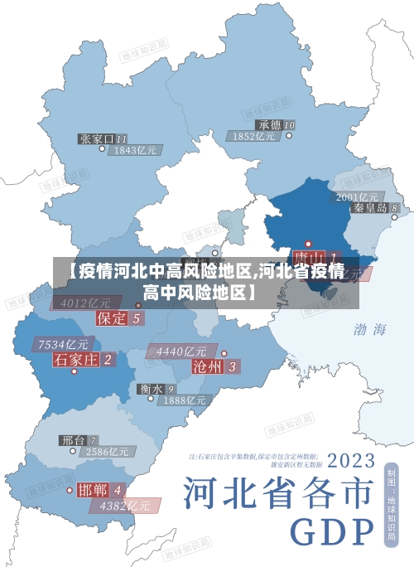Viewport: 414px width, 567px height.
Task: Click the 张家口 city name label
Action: (x=97, y=138)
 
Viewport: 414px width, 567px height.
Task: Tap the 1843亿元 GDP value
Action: (x=136, y=151)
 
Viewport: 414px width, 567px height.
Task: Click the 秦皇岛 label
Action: (x=370, y=208)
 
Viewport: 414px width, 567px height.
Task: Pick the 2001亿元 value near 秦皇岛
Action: (x=357, y=196)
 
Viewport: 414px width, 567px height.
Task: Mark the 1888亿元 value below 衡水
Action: (x=184, y=400)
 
